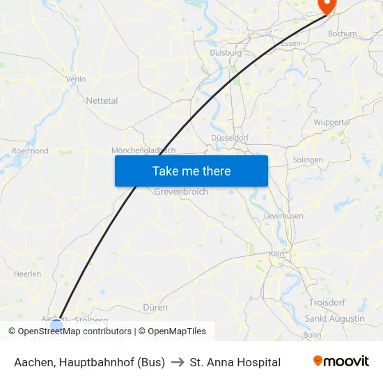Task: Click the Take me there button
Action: [x=191, y=171]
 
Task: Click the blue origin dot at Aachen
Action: [x=56, y=325]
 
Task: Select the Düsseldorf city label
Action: [x=230, y=138]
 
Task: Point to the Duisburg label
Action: [x=225, y=52]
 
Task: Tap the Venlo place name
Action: [x=75, y=79]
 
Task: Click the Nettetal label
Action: [x=102, y=100]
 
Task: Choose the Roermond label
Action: [x=30, y=150]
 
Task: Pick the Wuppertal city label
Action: [x=331, y=122]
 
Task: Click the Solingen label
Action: [x=307, y=159]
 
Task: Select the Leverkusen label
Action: [x=283, y=216]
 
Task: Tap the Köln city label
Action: [x=276, y=254]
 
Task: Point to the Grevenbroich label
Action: [x=181, y=191]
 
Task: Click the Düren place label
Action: [x=155, y=307]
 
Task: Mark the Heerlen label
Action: [x=27, y=274]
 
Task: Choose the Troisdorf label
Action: [x=327, y=302]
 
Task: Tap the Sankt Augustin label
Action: [x=335, y=318]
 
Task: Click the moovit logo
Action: [x=341, y=361]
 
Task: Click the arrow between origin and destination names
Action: [x=177, y=362]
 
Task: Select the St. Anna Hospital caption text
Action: [x=235, y=362]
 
